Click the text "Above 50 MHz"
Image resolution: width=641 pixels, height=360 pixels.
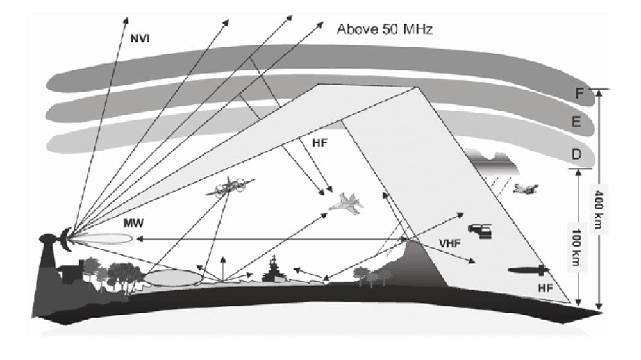385,29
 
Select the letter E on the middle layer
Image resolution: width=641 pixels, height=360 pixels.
576,122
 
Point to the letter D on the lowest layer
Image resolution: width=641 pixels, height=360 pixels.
576,154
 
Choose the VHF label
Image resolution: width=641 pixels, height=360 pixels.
451,243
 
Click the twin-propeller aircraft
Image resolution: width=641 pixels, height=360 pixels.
229,186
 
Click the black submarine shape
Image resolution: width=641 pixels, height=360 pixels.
528,270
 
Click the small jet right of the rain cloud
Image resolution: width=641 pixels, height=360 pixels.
526,188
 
